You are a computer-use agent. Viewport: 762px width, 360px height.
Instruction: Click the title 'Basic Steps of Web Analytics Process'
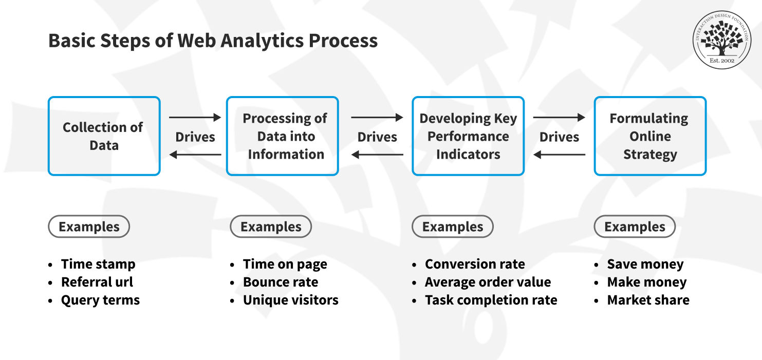point(213,41)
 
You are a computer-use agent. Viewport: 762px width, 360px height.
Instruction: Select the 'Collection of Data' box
point(104,136)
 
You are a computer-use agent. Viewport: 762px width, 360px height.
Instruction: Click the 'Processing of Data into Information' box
point(282,136)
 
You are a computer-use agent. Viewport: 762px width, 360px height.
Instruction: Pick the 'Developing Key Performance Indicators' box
point(468,136)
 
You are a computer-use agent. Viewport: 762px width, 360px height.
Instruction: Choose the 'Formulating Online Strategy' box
point(650,136)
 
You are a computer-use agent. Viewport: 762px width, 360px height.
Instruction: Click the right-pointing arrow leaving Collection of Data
point(195,118)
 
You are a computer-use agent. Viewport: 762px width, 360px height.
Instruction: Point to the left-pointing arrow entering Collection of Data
point(195,155)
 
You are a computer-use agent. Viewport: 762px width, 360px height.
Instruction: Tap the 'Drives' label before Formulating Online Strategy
point(559,137)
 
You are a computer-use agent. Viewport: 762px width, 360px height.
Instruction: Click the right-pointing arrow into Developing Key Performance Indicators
point(377,118)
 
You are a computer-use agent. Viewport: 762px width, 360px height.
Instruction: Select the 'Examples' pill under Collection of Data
point(89,226)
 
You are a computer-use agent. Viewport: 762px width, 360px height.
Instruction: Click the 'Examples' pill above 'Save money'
point(635,226)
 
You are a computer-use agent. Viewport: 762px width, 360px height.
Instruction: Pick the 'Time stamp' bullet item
point(98,264)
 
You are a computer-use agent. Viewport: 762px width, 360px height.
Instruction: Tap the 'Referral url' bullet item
point(97,282)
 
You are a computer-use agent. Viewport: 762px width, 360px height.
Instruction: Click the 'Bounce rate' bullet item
point(281,282)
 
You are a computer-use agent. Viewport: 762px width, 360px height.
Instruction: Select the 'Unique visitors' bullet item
point(291,300)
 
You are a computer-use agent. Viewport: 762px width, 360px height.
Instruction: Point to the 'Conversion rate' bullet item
point(475,264)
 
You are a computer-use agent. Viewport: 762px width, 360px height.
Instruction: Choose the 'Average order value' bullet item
point(488,282)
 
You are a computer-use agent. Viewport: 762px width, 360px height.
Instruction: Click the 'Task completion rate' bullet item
point(491,300)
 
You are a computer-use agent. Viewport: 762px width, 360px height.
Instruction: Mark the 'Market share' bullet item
point(648,300)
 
